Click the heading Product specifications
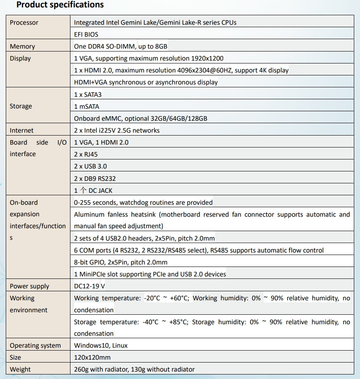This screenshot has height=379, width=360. pyautogui.click(x=60, y=5)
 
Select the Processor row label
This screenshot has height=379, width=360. pyautogui.click(x=24, y=23)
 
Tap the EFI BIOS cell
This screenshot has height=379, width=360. pyautogui.click(x=86, y=35)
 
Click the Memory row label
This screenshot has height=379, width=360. pyautogui.click(x=22, y=47)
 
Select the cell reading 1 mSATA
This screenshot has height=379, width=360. pyautogui.click(x=86, y=106)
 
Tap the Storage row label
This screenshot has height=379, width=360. pyautogui.click(x=21, y=106)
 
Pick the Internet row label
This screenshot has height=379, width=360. pyautogui.click(x=22, y=131)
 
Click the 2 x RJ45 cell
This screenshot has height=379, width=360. pyautogui.click(x=86, y=154)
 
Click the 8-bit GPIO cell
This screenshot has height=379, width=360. pyautogui.click(x=121, y=262)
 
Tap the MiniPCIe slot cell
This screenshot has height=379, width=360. pyautogui.click(x=150, y=274)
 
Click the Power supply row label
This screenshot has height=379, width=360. pyautogui.click(x=29, y=286)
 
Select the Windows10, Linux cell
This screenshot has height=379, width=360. pyautogui.click(x=101, y=346)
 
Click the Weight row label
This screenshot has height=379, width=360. pyautogui.click(x=20, y=370)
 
